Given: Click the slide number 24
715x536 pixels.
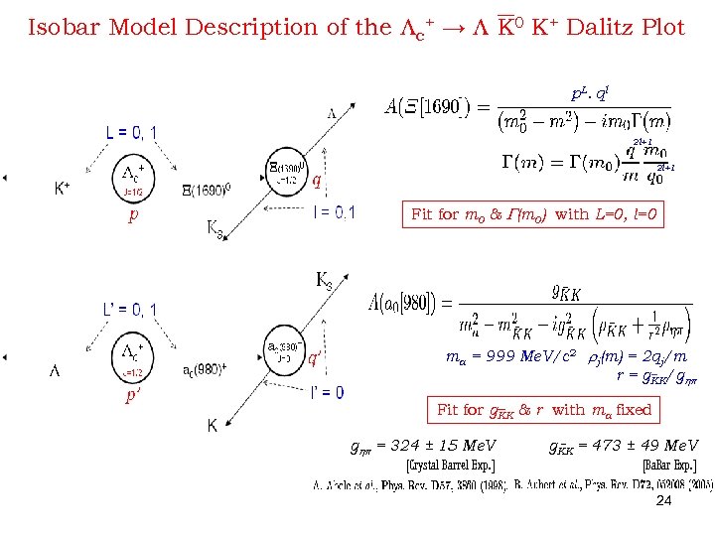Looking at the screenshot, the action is (664, 501).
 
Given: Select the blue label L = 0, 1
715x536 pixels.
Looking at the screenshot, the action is (131, 132).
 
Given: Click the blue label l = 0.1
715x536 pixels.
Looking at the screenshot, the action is (335, 211).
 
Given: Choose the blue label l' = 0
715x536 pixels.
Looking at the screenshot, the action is (327, 393).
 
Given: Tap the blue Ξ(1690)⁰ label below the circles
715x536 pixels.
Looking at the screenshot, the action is (207, 189).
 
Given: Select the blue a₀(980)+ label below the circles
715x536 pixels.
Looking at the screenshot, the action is (206, 370).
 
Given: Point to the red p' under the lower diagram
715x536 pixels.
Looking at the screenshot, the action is (131, 395).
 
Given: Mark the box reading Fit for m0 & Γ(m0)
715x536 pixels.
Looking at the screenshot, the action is (536, 214).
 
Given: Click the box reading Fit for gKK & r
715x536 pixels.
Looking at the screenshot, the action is (544, 409).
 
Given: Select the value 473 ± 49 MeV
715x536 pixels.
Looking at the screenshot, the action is (624, 446).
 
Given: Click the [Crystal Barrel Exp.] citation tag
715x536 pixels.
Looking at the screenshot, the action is (450, 466).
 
